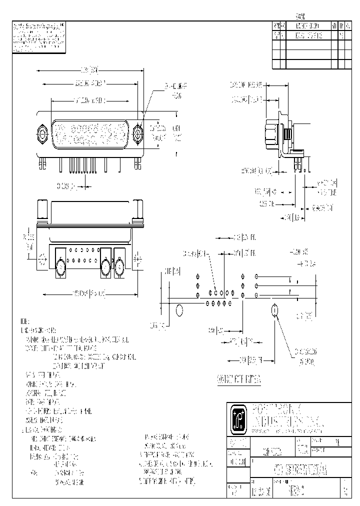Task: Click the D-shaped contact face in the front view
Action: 90,132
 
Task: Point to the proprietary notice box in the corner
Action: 38,37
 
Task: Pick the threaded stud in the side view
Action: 288,135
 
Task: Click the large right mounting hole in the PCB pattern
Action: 274,311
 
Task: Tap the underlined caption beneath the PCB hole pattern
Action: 239,380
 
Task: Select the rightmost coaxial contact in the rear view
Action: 120,264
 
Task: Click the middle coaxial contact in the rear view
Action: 105,264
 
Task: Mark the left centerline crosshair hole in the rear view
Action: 41,259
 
